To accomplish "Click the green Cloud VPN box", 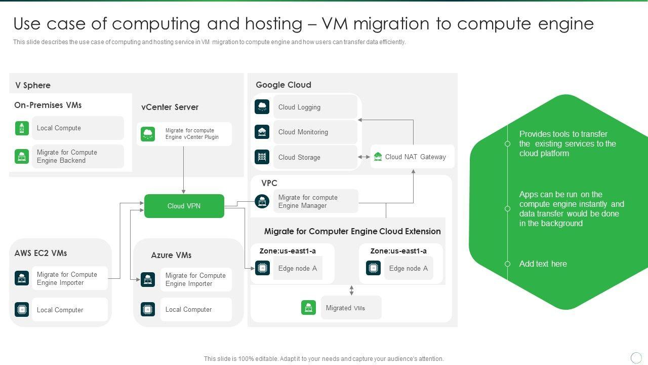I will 184,206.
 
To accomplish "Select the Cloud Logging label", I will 299,107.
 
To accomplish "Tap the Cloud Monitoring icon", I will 262,132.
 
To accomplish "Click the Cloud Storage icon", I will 262,157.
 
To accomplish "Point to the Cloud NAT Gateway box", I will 413,157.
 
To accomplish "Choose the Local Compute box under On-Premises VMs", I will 77,128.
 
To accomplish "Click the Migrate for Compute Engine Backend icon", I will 22,156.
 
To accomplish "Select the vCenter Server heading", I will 170,107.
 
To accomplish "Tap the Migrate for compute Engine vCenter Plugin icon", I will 148,134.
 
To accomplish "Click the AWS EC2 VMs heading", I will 40,253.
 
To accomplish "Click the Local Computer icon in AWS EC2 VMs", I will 22,309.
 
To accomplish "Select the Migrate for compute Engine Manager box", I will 315,201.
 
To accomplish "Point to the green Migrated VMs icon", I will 308,307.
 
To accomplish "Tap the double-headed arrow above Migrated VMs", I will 351,290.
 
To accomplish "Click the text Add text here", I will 543,264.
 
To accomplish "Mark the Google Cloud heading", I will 283,85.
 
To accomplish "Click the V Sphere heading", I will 33,85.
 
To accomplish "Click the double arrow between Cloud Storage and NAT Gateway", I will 364,157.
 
